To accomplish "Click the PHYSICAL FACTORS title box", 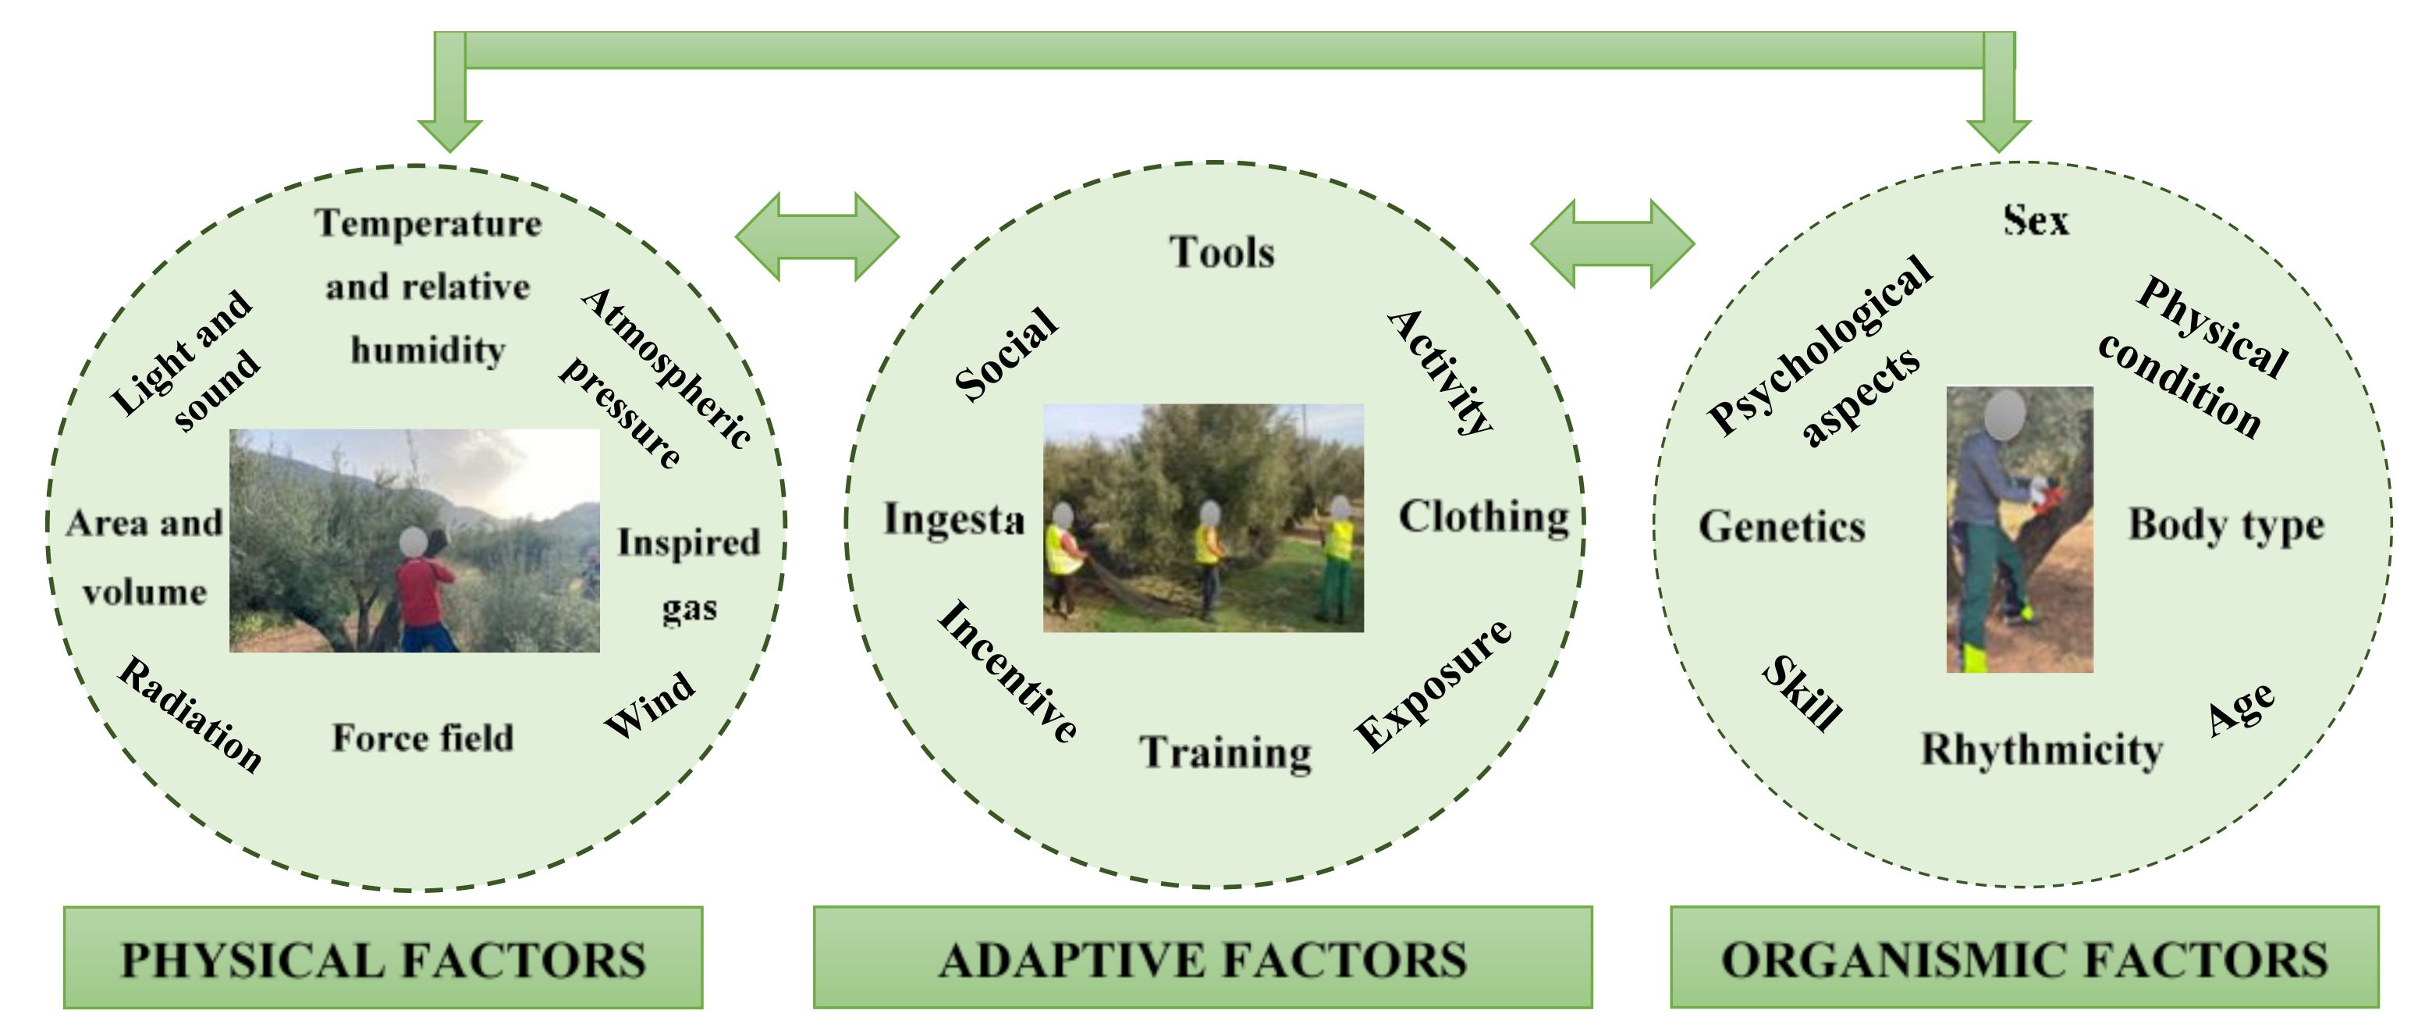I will click(x=383, y=958).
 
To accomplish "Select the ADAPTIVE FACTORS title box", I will click(x=1202, y=958).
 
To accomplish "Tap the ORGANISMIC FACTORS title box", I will click(x=2024, y=958).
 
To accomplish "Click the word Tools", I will click(x=1221, y=251).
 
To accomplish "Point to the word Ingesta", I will click(x=953, y=519).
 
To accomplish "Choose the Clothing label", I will click(x=1483, y=517).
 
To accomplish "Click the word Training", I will click(x=1226, y=752).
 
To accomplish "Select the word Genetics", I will click(x=1781, y=526).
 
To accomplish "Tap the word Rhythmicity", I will click(x=2042, y=749).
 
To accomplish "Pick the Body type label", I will click(x=2225, y=524).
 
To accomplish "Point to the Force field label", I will click(x=422, y=738).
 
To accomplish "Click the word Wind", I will click(x=649, y=704).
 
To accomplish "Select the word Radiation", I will click(x=190, y=713).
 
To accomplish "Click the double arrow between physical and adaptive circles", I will click(x=817, y=237).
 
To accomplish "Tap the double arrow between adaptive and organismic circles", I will click(x=1612, y=244).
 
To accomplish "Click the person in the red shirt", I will click(x=424, y=596).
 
